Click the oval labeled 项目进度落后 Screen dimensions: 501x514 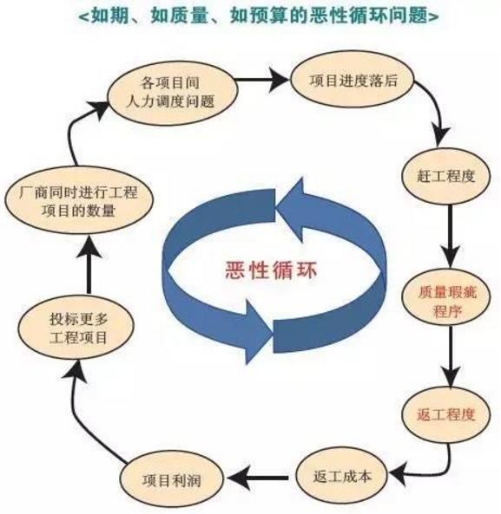tap(353, 81)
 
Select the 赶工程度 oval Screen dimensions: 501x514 tap(445, 176)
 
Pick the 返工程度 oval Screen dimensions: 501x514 tap(445, 415)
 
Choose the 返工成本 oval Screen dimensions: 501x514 tap(342, 477)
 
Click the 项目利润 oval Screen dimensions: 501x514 tap(171, 480)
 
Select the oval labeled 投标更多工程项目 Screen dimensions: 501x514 tap(76, 329)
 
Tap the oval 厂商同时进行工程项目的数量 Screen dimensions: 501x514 tap(79, 200)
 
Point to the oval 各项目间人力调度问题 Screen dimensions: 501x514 tap(172, 92)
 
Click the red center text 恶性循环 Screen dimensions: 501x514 tap(272, 271)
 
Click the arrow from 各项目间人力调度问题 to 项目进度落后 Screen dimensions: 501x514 tap(262, 80)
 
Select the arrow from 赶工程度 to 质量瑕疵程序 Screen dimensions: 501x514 tap(451, 236)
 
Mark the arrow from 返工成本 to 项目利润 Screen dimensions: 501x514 tap(260, 478)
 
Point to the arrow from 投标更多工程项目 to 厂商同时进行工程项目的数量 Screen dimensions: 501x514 tap(89, 264)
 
